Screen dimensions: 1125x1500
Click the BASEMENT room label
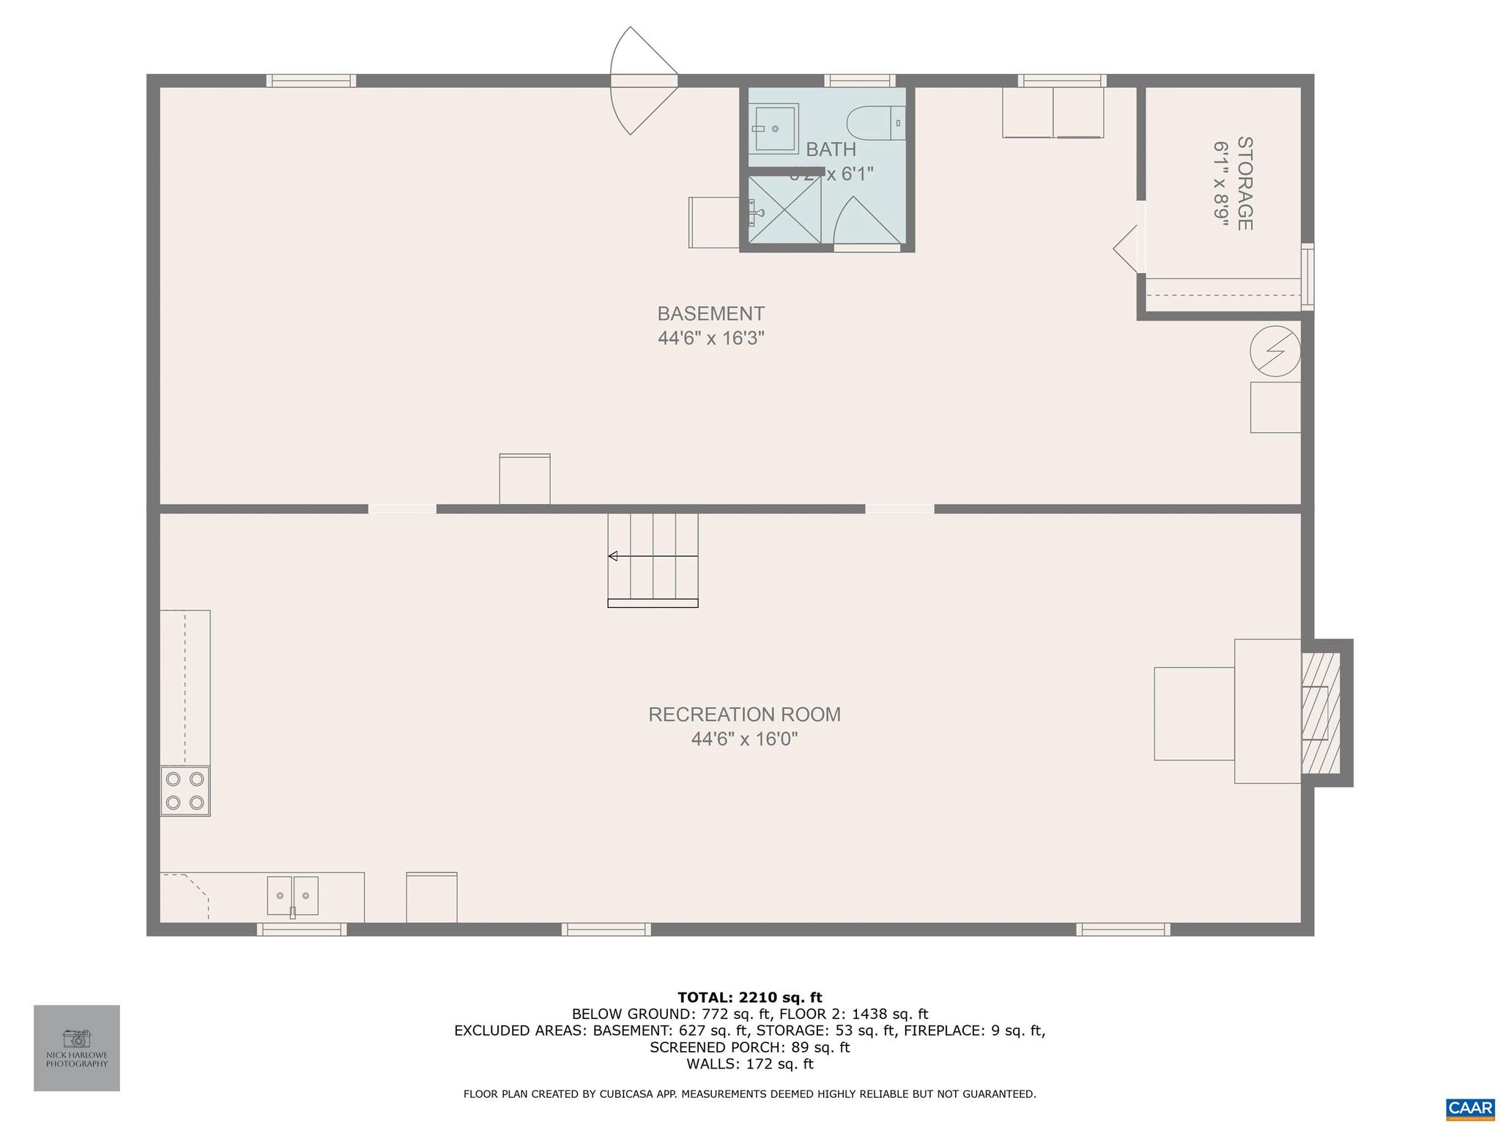710,313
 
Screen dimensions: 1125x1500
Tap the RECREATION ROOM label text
744,714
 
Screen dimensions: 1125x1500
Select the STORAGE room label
1244,183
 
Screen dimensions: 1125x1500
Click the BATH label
831,149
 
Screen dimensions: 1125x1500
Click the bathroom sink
773,129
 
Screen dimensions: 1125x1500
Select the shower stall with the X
784,208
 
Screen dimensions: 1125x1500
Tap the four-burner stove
185,790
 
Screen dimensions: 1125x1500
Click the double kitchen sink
292,895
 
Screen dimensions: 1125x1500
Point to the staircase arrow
613,556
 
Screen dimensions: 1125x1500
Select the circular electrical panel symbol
1274,351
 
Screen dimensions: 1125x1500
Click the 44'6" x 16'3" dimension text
710,338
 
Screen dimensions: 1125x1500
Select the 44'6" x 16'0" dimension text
744,739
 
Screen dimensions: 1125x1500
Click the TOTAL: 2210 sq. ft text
749,997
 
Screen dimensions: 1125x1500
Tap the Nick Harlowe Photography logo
77,1047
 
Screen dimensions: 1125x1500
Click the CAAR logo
1470,1107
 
